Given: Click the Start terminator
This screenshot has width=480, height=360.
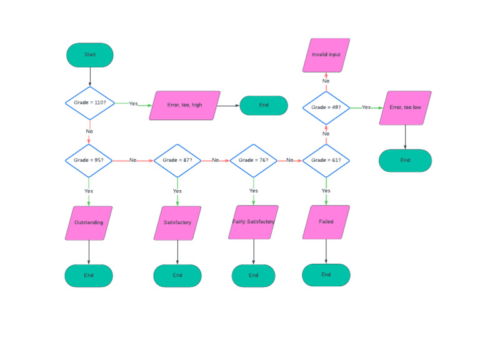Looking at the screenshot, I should (90, 55).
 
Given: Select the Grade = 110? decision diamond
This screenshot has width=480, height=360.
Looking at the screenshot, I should (90, 103).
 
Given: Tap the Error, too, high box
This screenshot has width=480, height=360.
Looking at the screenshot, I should (184, 105).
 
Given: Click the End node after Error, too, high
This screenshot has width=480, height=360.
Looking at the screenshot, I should (264, 105).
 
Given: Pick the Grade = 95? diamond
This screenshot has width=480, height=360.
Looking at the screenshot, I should (89, 161).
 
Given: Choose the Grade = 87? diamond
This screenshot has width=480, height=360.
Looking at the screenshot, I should (177, 161).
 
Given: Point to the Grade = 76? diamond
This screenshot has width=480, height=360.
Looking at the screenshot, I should (254, 161).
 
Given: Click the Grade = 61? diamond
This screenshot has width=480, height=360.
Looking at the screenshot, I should (326, 161).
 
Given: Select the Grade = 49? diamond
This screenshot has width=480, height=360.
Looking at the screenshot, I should (326, 107).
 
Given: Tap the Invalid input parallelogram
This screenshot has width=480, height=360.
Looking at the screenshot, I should (326, 55).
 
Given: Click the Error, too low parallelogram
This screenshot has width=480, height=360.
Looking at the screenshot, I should (405, 107).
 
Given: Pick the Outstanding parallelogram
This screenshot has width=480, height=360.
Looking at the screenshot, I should (89, 222).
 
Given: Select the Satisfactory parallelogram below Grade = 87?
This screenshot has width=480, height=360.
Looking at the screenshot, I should (177, 222).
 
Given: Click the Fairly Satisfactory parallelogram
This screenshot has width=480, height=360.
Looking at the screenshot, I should (253, 222).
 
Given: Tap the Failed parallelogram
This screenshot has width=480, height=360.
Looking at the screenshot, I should (326, 222).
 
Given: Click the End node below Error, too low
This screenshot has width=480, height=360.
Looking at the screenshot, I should (405, 161).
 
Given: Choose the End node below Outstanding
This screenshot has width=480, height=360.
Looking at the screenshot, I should (89, 276).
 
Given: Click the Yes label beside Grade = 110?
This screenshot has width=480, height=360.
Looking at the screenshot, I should (133, 104).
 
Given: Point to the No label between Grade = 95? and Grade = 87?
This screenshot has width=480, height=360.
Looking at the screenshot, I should (133, 161).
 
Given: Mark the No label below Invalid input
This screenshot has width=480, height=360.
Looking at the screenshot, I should (326, 81).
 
